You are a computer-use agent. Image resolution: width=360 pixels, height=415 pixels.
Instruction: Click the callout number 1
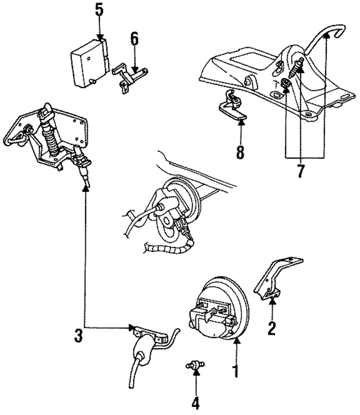click(236, 371)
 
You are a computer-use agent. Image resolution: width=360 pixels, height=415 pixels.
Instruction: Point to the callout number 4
click(196, 403)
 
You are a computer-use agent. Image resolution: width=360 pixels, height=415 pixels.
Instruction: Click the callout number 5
click(100, 10)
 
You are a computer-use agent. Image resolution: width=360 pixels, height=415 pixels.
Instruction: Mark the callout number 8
click(241, 152)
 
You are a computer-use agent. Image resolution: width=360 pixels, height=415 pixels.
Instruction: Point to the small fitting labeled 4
click(193, 366)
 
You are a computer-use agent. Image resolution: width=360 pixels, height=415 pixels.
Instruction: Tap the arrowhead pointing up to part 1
click(236, 340)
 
